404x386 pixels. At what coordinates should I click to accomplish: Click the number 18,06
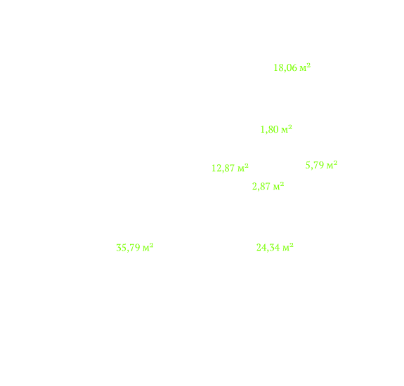[285, 68]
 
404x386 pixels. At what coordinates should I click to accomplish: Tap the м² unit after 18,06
[305, 67]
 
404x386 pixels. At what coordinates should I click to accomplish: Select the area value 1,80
[270, 129]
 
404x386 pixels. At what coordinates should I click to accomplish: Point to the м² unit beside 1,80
[287, 129]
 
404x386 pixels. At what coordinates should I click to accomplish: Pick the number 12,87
[223, 168]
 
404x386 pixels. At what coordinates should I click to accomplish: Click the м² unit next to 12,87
[243, 168]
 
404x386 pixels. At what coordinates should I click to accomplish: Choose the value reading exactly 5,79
[315, 166]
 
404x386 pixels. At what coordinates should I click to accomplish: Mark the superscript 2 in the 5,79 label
[335, 163]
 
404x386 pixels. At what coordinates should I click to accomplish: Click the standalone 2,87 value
[261, 187]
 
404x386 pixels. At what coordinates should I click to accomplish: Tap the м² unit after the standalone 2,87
[278, 186]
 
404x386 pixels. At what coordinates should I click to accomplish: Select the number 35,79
[128, 248]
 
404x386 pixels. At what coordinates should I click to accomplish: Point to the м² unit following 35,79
[148, 248]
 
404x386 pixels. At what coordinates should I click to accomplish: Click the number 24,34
[268, 248]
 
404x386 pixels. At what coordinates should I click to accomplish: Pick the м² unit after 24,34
[288, 247]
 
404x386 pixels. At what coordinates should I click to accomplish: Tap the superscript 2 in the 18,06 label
[308, 65]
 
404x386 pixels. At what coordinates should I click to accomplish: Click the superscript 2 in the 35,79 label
[152, 246]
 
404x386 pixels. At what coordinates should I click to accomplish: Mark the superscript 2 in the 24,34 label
[292, 245]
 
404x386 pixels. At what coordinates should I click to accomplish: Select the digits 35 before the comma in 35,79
[121, 248]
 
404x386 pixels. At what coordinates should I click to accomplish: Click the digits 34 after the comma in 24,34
[275, 248]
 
